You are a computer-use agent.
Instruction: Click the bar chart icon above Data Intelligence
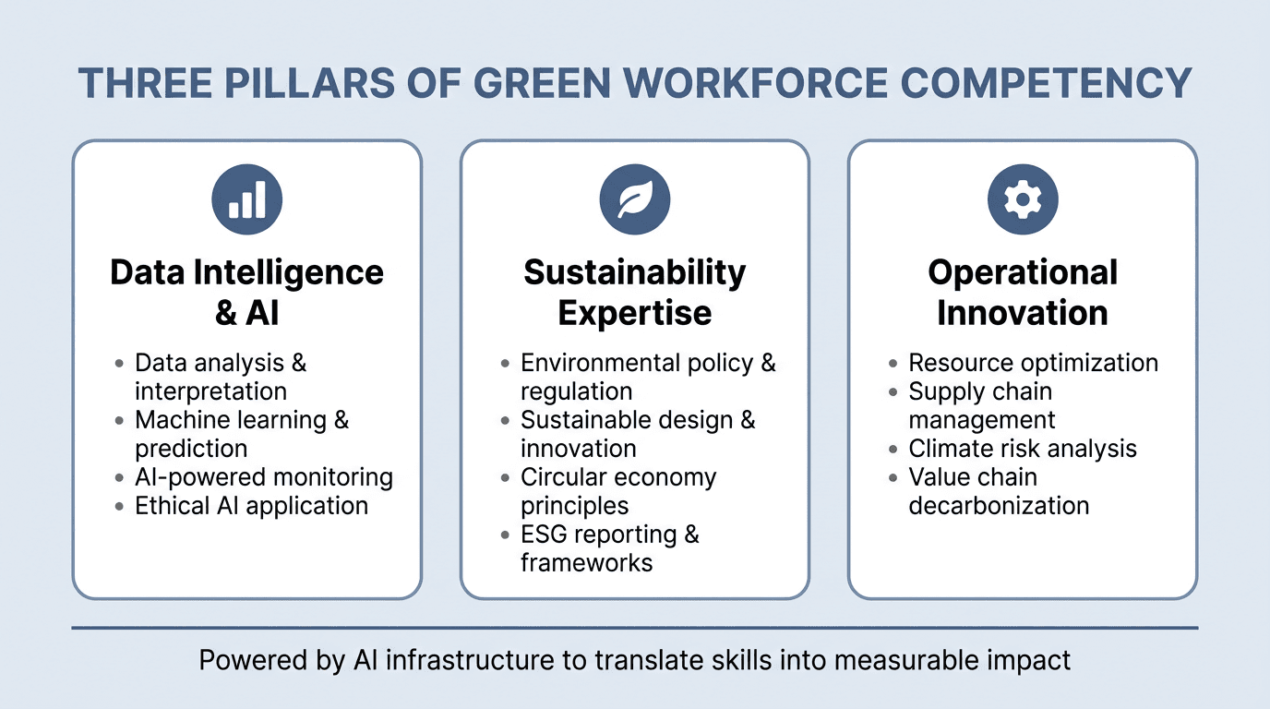[x=246, y=199]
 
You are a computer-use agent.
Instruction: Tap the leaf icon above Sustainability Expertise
[x=635, y=199]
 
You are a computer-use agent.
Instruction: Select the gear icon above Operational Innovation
[x=1023, y=199]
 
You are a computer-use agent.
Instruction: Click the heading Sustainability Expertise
[x=635, y=293]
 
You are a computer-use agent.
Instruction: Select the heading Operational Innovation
[x=1023, y=293]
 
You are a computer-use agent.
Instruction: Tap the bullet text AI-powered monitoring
[x=264, y=477]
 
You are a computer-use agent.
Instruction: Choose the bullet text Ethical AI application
[x=251, y=506]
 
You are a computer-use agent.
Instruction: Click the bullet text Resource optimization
[x=1033, y=363]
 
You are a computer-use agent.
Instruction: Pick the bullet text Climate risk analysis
[x=1023, y=449]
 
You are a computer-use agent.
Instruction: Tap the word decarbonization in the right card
[x=999, y=506]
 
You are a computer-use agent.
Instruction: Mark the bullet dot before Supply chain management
[x=893, y=392]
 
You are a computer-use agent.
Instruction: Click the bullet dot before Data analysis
[x=119, y=364]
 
